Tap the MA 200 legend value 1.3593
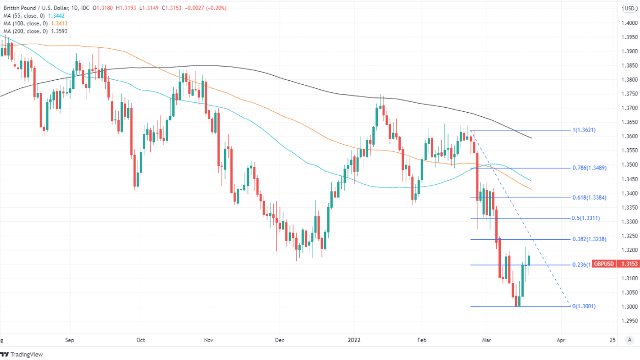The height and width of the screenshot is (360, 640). pos(59,31)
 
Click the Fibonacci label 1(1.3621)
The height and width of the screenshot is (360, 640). pos(584,130)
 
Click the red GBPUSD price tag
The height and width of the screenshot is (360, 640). pos(605,265)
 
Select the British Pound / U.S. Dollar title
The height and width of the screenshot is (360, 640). pos(45,8)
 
